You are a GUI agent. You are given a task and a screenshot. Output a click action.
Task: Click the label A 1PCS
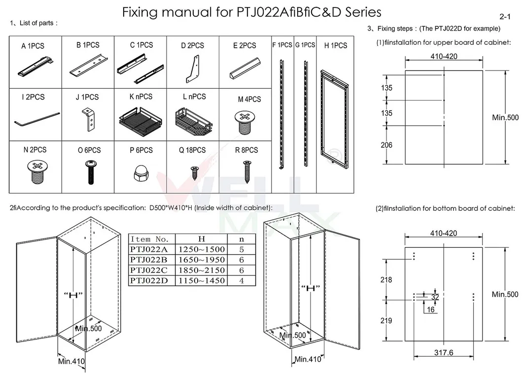[x=33, y=46]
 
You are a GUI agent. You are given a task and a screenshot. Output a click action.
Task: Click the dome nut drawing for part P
[x=140, y=172]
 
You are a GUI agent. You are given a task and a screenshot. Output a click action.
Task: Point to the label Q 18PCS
[x=192, y=150]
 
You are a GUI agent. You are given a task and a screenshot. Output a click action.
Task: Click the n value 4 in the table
[x=241, y=280]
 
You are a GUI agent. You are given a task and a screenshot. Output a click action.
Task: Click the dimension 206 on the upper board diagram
[x=387, y=145]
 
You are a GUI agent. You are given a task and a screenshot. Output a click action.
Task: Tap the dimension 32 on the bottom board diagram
[x=435, y=297]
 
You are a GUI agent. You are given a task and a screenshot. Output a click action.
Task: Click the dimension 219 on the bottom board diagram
[x=387, y=320]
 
